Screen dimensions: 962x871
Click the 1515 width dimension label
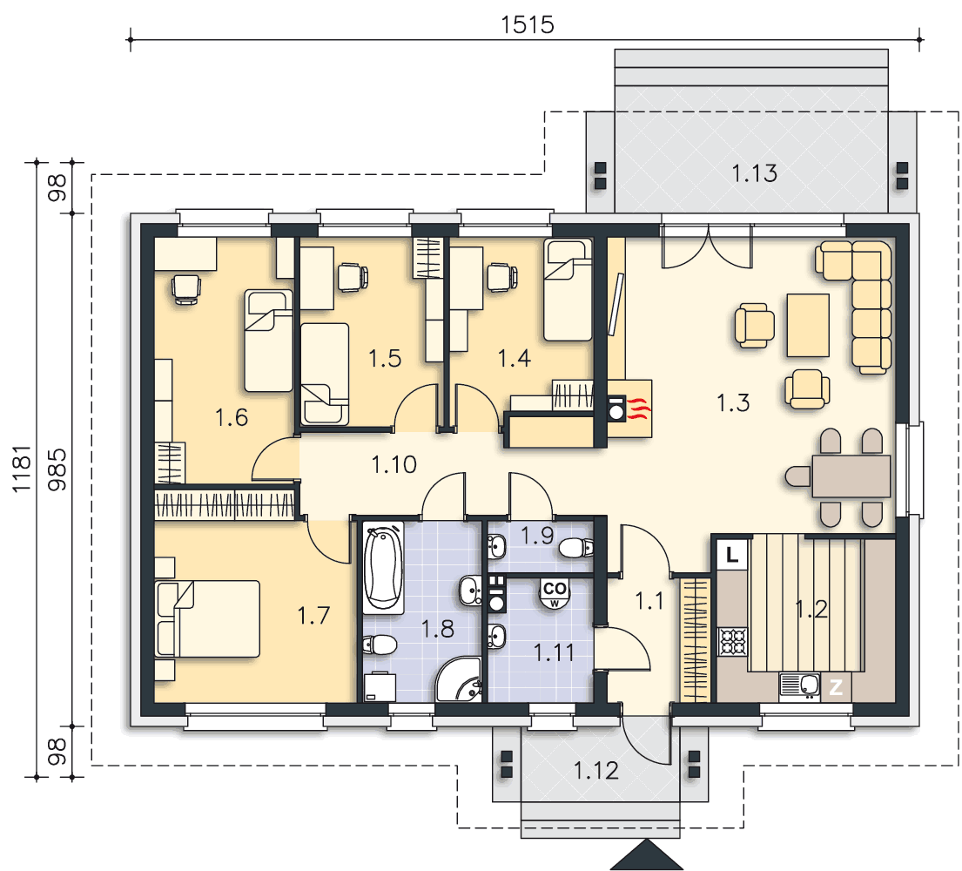(527, 25)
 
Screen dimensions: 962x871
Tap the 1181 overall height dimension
(21, 469)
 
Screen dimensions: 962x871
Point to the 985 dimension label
(57, 469)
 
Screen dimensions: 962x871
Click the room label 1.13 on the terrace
(754, 173)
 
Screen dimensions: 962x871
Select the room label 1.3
(733, 403)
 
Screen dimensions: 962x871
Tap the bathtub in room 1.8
(383, 568)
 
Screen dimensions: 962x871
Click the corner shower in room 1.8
(458, 679)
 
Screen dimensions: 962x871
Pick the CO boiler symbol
(555, 591)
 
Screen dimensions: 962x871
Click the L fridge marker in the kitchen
(732, 556)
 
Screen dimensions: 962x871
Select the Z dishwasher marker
(836, 687)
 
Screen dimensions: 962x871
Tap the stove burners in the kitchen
(732, 642)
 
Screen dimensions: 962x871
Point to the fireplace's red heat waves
(639, 408)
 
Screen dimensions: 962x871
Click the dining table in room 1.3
(851, 476)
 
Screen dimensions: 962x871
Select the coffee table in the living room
(808, 325)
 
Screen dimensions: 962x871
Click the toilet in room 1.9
(576, 547)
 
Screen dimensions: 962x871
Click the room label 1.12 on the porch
(595, 770)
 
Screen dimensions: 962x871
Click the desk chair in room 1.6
(186, 288)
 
